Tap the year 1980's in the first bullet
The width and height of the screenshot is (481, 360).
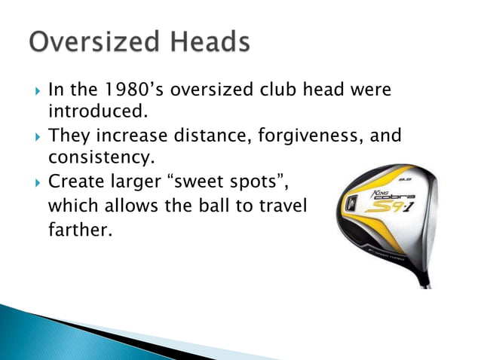click(x=127, y=90)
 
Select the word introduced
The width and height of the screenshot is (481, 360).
click(x=97, y=112)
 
